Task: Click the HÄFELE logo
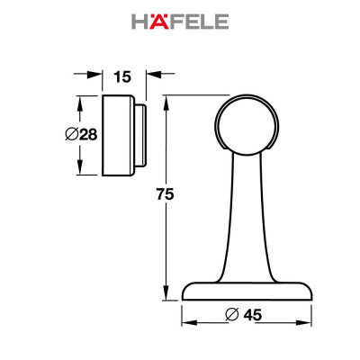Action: [x=179, y=22]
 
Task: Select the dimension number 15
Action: [x=124, y=76]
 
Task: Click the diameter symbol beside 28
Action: [x=71, y=135]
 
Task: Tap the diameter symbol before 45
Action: [x=231, y=315]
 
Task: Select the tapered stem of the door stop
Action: [x=248, y=216]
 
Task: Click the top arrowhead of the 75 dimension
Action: [x=166, y=102]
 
